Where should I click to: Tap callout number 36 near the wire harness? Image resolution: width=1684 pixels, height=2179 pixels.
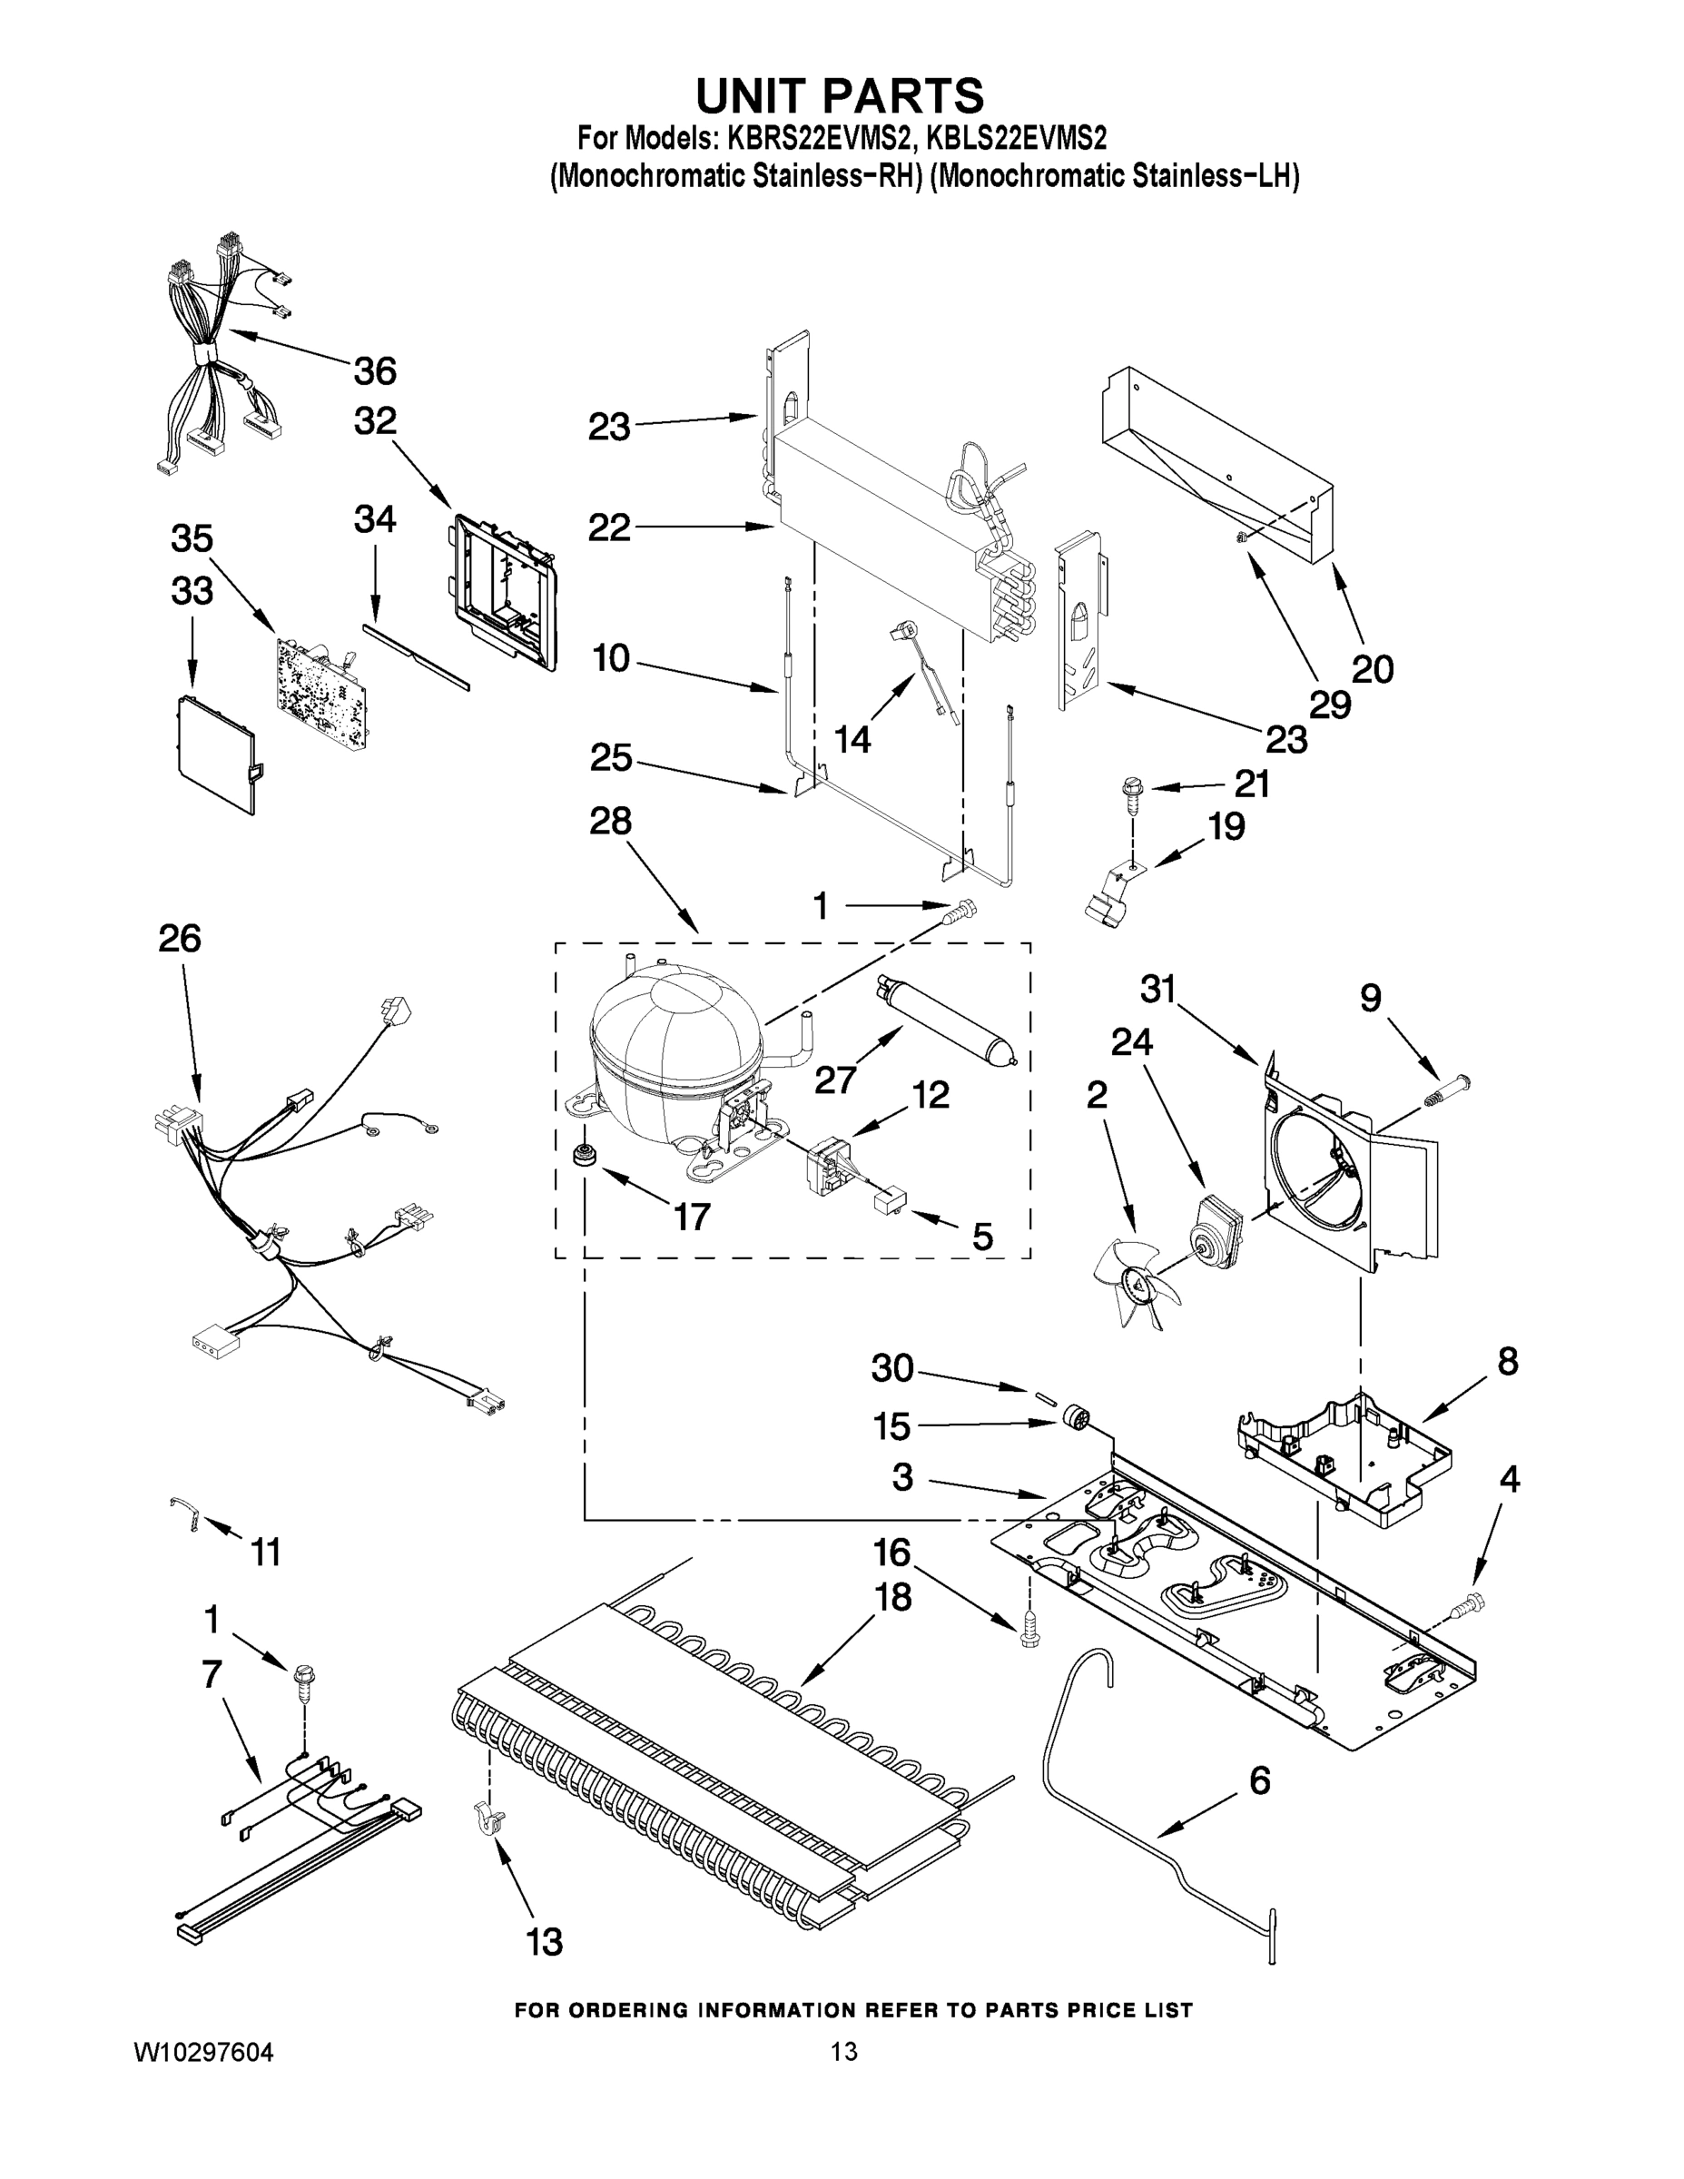click(x=374, y=371)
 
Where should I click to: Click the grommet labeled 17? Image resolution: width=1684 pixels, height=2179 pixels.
click(x=582, y=1159)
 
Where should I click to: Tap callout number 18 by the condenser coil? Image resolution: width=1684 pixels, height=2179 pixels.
click(x=891, y=1597)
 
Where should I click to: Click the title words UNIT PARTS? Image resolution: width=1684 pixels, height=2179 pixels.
click(x=839, y=95)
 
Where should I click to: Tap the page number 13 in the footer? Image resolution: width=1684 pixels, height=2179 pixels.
click(x=844, y=2051)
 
